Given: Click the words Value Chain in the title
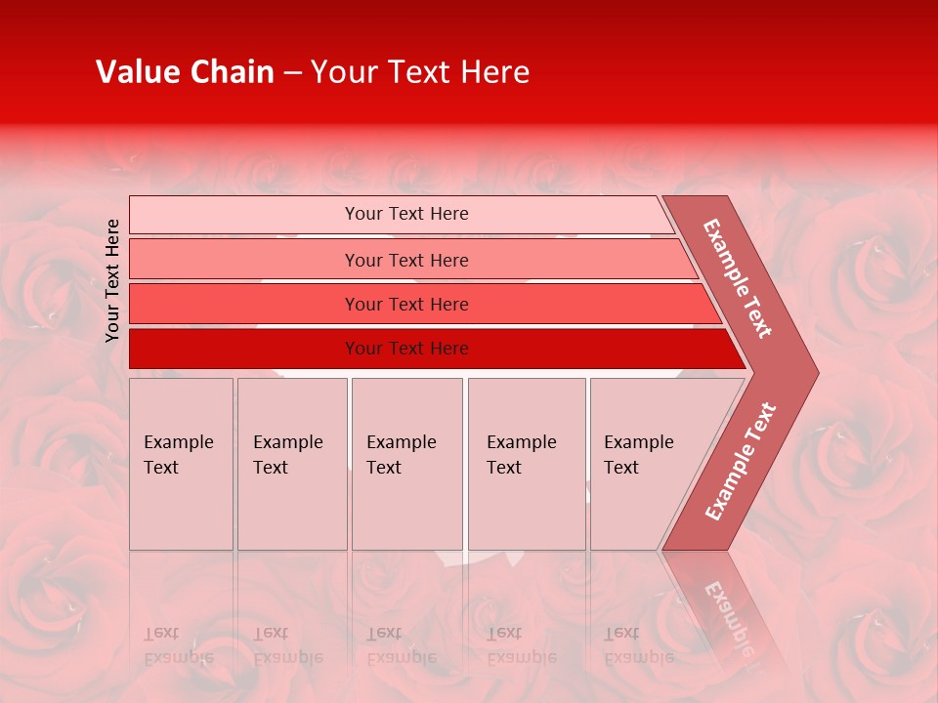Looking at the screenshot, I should pyautogui.click(x=185, y=72).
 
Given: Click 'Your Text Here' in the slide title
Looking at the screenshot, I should pyautogui.click(x=420, y=72).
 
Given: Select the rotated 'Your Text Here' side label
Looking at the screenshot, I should pyautogui.click(x=113, y=280).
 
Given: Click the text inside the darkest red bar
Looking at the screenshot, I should pyautogui.click(x=406, y=349).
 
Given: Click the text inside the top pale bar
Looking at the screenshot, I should pyautogui.click(x=406, y=214).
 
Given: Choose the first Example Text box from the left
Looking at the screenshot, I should pyautogui.click(x=181, y=464).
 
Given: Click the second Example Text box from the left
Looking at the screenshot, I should pyautogui.click(x=291, y=464).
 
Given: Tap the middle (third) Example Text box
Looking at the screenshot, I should pyautogui.click(x=406, y=464).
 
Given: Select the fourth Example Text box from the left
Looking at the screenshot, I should pyautogui.click(x=527, y=464).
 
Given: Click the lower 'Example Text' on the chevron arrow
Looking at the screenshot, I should pyautogui.click(x=741, y=461).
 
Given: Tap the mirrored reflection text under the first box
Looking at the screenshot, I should pyautogui.click(x=178, y=645).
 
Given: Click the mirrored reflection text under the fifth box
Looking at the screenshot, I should pyautogui.click(x=638, y=645).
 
